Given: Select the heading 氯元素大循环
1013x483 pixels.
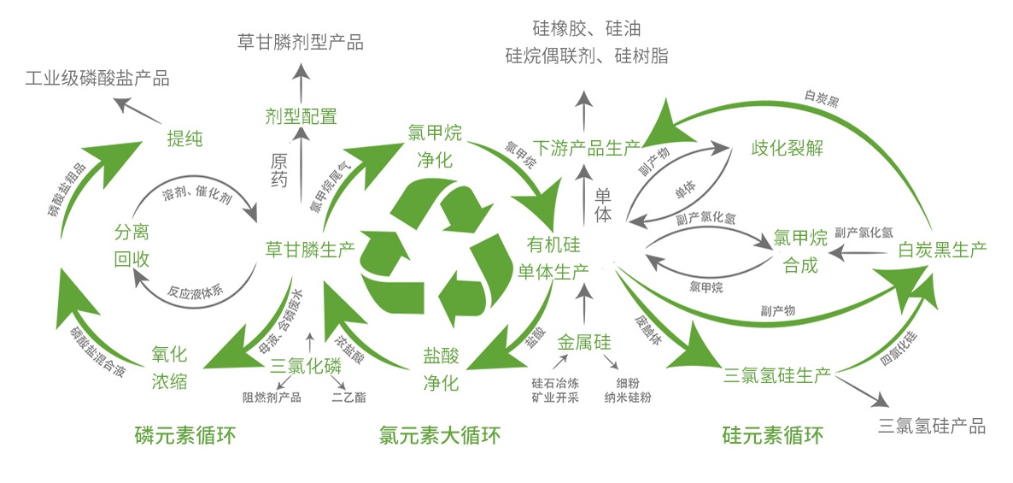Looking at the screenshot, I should pos(439,435).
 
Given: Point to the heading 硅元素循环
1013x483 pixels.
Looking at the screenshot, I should pos(772,435).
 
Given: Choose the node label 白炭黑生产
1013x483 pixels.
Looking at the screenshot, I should pos(942,250).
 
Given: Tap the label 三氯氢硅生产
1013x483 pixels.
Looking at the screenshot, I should pos(777,374).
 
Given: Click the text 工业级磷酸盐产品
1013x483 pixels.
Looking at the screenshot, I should pos(97,80).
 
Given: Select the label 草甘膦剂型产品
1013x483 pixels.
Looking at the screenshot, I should pos(301,41).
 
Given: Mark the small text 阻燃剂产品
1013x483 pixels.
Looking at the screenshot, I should pos(272,397).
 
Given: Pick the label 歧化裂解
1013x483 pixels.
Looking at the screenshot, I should pos(787,147).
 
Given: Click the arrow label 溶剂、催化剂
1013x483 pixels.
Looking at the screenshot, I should pos(196,197).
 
